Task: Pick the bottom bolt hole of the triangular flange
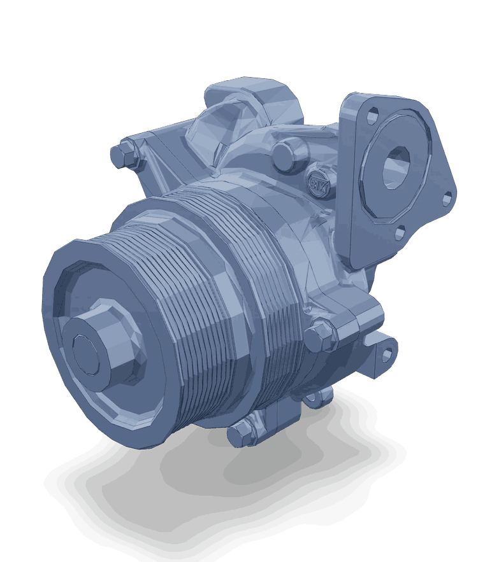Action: (400, 233)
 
